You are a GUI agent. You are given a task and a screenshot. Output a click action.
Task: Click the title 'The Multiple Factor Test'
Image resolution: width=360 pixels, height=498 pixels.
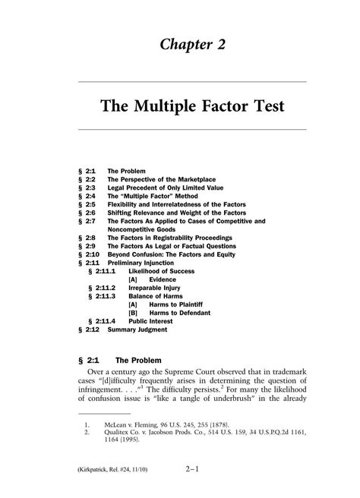(x=192, y=107)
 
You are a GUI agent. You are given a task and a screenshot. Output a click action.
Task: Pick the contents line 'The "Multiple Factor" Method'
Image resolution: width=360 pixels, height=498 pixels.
(x=153, y=198)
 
